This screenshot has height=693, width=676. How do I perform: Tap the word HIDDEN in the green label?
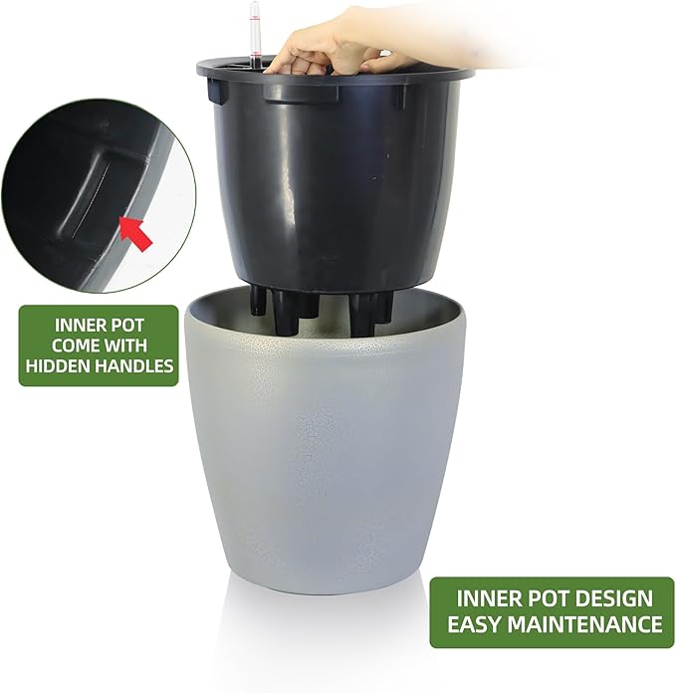[x=60, y=366]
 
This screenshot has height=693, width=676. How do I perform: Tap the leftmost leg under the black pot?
[x=259, y=299]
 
